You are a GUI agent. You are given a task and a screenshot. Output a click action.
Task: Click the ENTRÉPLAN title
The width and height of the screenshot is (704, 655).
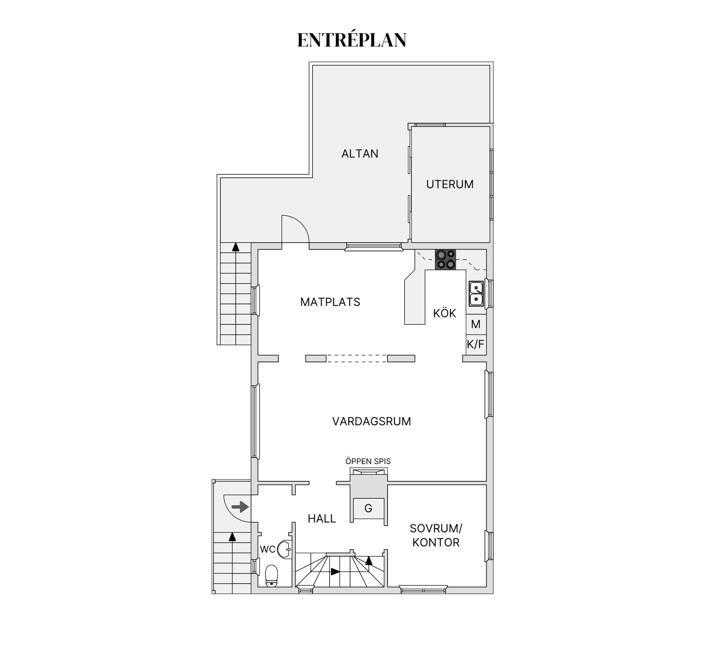pos(352,40)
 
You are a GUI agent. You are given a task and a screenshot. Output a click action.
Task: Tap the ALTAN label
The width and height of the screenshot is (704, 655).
pos(360,154)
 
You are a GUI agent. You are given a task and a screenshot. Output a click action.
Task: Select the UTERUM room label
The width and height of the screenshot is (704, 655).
pos(450,184)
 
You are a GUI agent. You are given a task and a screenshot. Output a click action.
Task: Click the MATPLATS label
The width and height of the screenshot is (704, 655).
pos(330,302)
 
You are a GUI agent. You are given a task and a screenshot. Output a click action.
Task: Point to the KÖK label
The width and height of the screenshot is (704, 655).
pos(444,313)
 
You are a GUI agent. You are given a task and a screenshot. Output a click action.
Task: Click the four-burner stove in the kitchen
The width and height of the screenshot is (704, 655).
pos(445,260)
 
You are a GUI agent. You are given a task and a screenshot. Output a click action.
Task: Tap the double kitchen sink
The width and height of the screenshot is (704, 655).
pos(476,294)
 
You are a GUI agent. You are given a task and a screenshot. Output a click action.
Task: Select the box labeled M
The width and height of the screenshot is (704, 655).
pos(476,324)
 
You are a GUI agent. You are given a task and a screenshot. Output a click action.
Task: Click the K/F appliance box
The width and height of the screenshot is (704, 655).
pos(476,345)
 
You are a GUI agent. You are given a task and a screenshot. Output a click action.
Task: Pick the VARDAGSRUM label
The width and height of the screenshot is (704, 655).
pos(371,422)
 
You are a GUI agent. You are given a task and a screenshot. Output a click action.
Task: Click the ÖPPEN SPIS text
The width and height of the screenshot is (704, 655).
pos(368,461)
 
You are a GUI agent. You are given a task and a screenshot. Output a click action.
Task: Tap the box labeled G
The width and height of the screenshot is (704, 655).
pos(368,508)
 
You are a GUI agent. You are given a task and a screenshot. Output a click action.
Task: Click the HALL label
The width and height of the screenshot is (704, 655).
pos(322,519)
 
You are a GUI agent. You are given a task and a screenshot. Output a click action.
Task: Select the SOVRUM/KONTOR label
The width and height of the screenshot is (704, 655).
pos(436,536)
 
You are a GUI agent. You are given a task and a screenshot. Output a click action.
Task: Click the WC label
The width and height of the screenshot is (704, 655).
pos(267,549)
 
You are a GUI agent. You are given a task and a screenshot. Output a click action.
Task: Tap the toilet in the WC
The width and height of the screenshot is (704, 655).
pos(271,576)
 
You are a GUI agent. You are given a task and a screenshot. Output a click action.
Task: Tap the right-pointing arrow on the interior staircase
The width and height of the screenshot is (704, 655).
pos(335,571)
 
